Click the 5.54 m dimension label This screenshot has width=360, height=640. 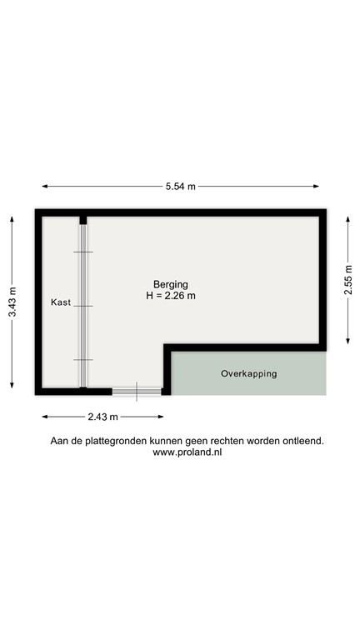[179, 187]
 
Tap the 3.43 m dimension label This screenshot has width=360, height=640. [12, 302]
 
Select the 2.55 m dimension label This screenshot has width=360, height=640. [349, 279]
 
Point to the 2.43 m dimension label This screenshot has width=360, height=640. [102, 417]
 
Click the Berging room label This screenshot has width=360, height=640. [170, 284]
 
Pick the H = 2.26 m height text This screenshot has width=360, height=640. [170, 296]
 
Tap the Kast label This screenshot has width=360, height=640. [60, 302]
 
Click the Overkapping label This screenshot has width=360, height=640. [248, 374]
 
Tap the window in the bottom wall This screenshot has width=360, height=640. [137, 390]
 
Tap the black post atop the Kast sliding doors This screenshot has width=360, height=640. [82, 221]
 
